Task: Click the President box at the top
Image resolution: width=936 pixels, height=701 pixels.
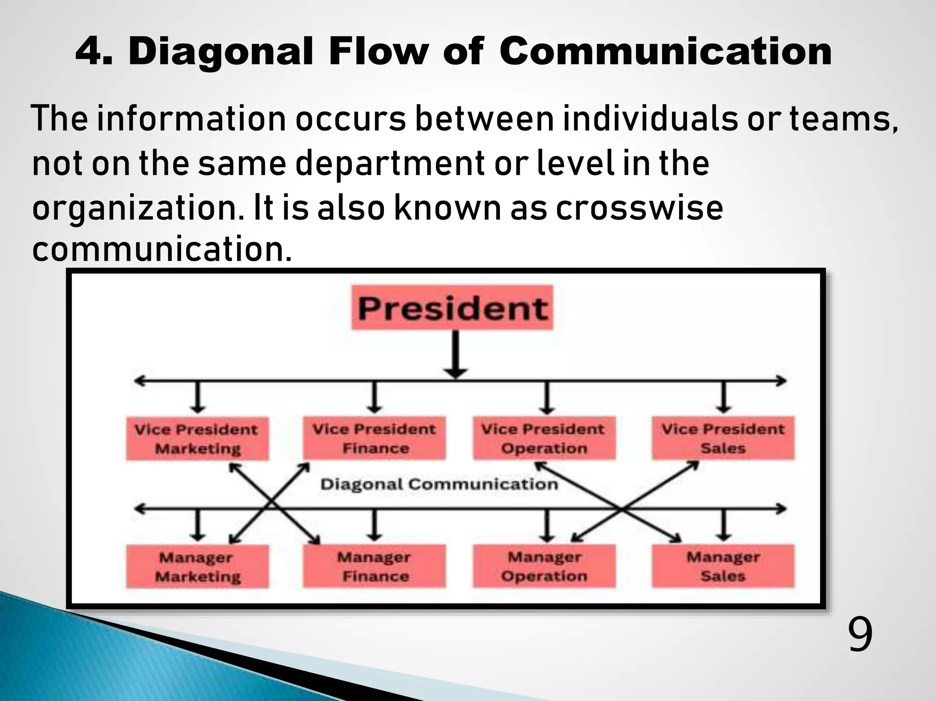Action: coord(452,307)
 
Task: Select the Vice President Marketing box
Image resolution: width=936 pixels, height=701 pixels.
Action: coord(197,438)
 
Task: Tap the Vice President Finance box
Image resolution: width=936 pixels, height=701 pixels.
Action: coord(374,438)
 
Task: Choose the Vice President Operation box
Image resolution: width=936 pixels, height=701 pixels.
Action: coord(544,438)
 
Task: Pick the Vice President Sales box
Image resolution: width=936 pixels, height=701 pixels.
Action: coord(723,438)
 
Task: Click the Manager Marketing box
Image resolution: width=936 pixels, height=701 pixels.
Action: coord(197,566)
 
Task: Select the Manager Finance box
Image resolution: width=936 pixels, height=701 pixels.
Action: coord(374,566)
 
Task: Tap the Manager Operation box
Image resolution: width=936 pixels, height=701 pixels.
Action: coord(544,566)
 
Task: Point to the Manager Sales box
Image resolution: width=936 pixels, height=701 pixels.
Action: coord(723,566)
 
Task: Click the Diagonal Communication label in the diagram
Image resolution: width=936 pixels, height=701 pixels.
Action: coord(439,484)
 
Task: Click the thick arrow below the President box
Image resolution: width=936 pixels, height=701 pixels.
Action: coord(456,354)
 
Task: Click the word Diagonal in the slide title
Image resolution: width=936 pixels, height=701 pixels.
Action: coord(221,51)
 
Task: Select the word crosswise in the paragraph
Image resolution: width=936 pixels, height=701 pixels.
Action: coord(639,208)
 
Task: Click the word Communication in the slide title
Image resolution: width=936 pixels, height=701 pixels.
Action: coord(665,51)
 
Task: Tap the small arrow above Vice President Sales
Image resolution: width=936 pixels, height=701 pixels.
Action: coord(723,396)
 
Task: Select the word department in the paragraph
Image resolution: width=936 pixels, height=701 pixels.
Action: coord(390,163)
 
